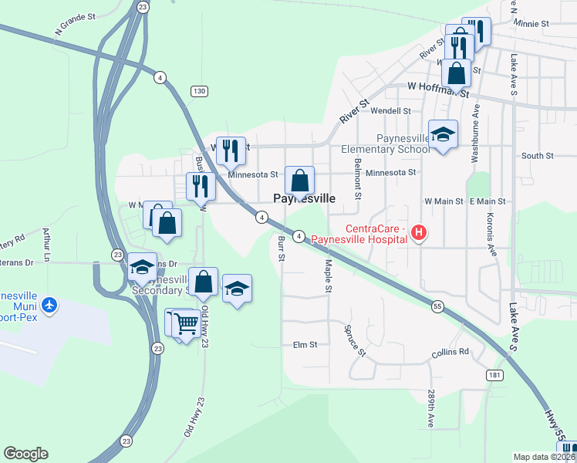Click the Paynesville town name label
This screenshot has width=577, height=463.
click(x=305, y=198)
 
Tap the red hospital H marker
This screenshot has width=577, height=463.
click(x=418, y=231)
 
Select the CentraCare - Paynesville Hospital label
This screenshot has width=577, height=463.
click(x=361, y=234)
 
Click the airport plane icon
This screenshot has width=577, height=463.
click(x=50, y=305)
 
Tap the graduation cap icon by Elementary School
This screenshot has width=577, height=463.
click(x=443, y=135)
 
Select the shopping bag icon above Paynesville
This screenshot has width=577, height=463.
click(x=300, y=181)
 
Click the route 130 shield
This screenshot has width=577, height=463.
click(x=200, y=92)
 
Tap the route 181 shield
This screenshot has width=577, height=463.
click(x=495, y=374)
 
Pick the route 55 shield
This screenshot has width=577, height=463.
click(x=437, y=306)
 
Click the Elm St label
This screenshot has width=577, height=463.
click(x=305, y=345)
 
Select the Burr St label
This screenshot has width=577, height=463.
click(x=281, y=248)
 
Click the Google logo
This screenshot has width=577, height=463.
click(x=25, y=454)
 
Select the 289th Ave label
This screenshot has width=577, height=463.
click(x=431, y=409)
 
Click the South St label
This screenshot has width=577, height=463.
click(x=538, y=156)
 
